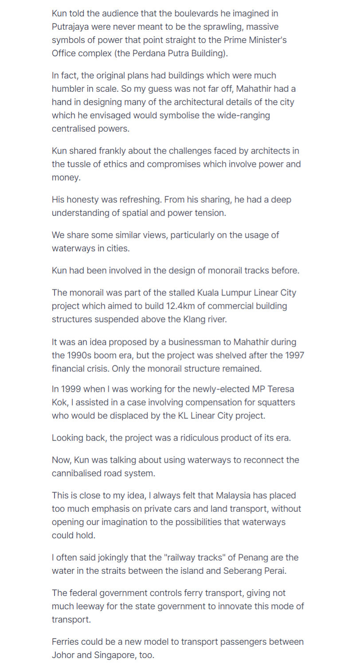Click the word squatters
[x=278, y=402]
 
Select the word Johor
[x=63, y=655]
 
